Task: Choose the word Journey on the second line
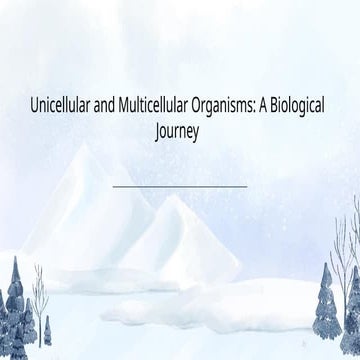(x=180, y=127)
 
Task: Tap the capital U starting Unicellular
(x=36, y=105)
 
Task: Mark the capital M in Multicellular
(x=137, y=105)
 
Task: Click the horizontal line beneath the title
(x=180, y=185)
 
